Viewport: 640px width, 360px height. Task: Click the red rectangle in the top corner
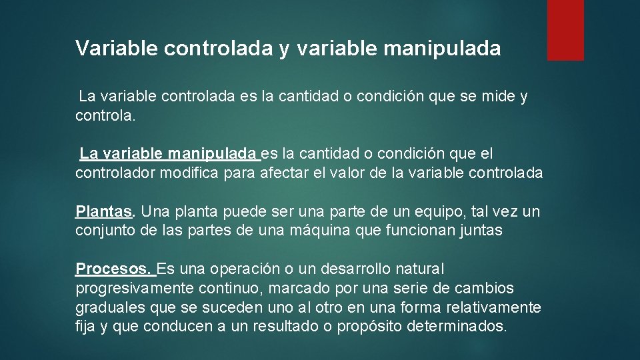[x=565, y=30]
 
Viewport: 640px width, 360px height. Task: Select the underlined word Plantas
[x=105, y=212]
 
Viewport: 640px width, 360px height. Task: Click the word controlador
[x=113, y=173]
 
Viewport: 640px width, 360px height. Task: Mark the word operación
[x=245, y=269]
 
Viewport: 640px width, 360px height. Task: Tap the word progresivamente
[x=135, y=289]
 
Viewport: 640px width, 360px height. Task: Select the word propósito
[x=368, y=327]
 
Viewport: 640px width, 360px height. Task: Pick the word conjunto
[x=103, y=231]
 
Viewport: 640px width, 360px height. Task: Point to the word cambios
[x=484, y=289]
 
